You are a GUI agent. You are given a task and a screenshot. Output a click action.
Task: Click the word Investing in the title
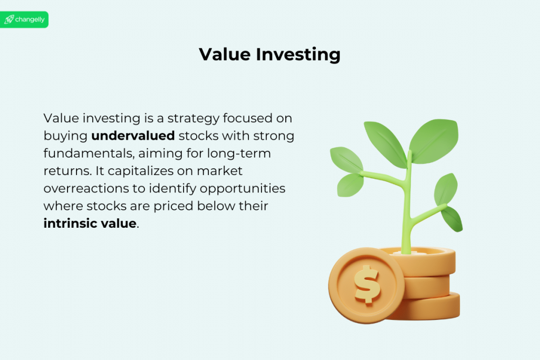point(298,55)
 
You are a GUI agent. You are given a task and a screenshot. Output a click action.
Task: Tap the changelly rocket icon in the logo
point(9,20)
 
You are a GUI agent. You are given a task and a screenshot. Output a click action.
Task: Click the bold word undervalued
point(133,135)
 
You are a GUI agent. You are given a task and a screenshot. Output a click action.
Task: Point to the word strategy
point(193,119)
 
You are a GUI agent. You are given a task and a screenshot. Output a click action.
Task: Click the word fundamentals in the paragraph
point(89,153)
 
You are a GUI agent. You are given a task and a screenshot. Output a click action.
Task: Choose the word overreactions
point(86,189)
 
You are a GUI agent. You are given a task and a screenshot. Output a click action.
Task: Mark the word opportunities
point(243,189)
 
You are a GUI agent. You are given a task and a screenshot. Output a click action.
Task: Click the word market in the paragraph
point(220,171)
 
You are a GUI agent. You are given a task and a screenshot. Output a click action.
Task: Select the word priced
point(173,206)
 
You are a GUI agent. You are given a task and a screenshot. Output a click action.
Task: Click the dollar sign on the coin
point(368,284)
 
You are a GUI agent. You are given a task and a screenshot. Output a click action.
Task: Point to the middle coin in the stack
point(427,286)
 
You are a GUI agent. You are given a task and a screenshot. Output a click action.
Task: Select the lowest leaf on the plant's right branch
point(452,219)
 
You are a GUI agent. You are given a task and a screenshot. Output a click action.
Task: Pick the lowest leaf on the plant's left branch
point(350,185)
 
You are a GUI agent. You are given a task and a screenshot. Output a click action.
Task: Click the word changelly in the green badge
point(30,20)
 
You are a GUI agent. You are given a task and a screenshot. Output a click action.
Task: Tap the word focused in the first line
point(247,119)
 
